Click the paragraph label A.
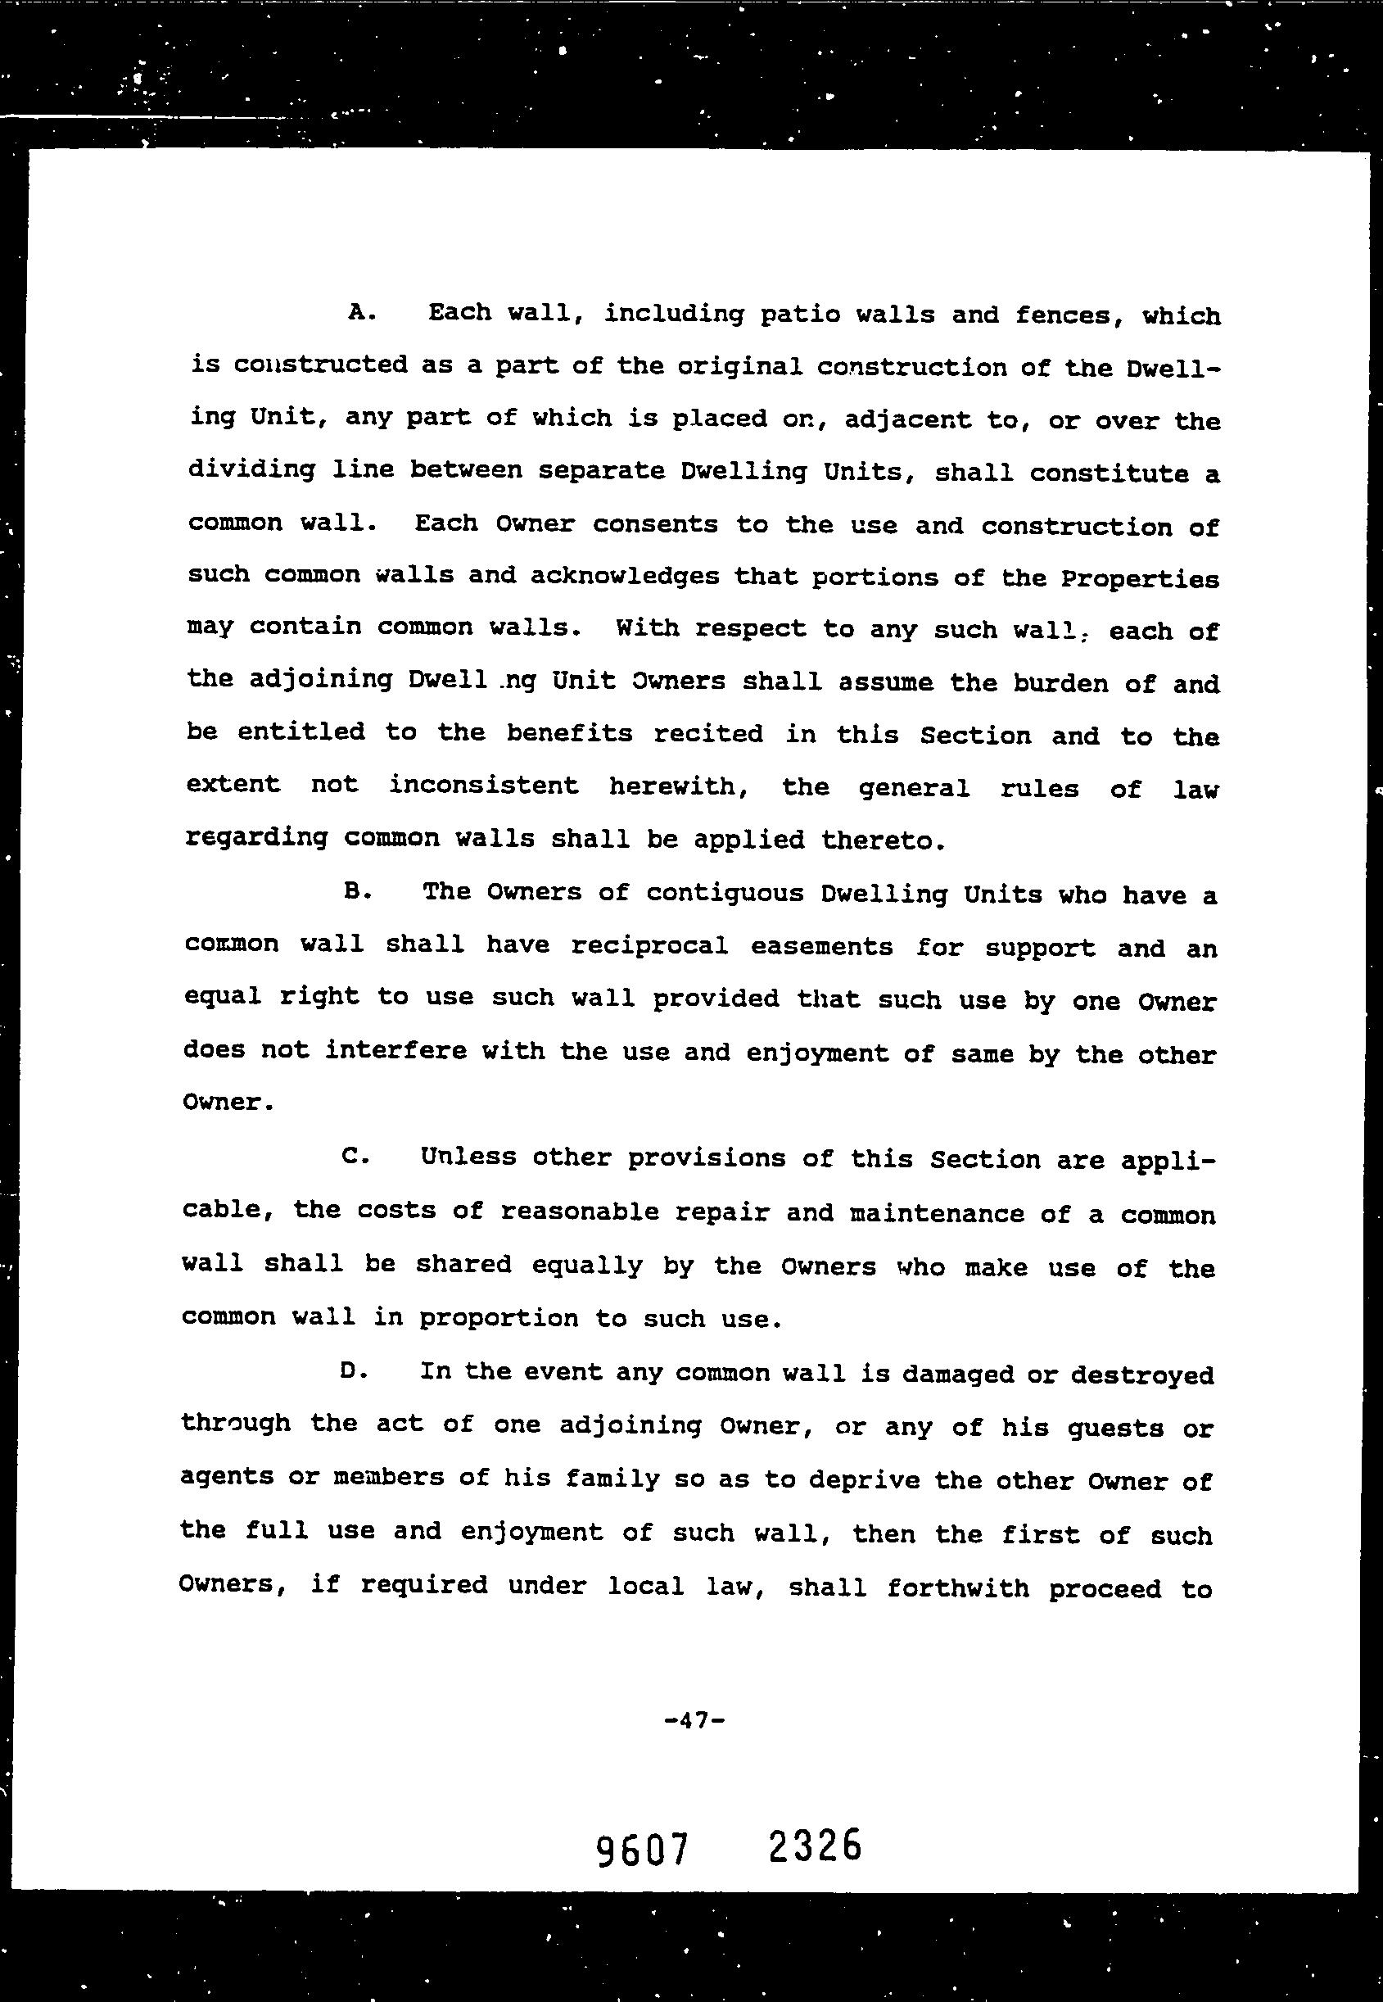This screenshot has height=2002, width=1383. coord(360,313)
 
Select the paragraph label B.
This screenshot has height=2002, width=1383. coord(357,891)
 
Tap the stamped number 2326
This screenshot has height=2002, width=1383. coord(815,1846)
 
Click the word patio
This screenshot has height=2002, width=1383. coord(800,315)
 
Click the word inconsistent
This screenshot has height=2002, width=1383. coord(482,786)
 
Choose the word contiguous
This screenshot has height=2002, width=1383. coord(725,894)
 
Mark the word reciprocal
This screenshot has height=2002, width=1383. coord(649,945)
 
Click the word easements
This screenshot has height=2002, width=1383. coord(821,946)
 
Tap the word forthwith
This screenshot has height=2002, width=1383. coord(957,1588)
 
